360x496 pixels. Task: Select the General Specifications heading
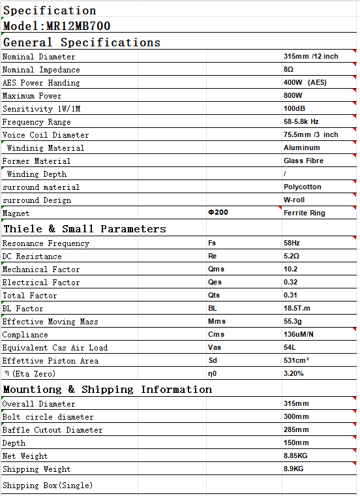[82, 42]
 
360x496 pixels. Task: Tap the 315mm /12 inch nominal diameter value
[310, 57]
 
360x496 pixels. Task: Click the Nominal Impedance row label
[41, 70]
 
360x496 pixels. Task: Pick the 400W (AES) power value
[305, 83]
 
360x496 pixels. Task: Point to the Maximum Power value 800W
[293, 96]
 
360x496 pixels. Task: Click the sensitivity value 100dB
[294, 109]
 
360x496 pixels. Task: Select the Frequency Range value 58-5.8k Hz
[301, 122]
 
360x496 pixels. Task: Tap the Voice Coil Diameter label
[46, 135]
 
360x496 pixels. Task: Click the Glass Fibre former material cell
[303, 161]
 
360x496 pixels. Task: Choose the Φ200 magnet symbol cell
[218, 213]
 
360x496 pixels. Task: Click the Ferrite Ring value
[304, 213]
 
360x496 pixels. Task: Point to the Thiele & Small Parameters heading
[85, 229]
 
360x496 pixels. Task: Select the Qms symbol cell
[217, 270]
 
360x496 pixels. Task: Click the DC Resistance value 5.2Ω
[293, 256]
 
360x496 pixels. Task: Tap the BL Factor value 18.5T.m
[297, 309]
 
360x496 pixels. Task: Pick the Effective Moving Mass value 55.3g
[293, 322]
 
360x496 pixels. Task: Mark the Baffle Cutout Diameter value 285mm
[296, 430]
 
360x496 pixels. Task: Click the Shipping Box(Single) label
[48, 486]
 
